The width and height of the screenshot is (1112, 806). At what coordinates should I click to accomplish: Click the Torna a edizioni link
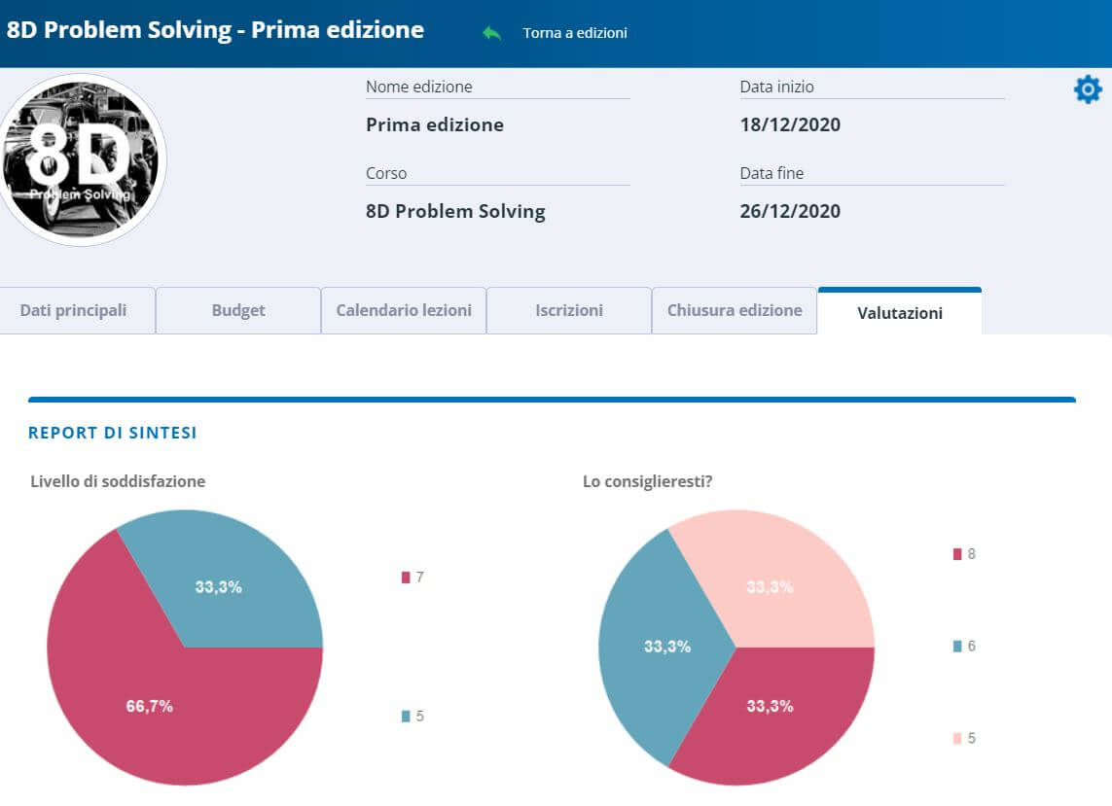tap(574, 33)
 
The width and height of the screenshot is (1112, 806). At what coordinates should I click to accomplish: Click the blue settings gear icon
tap(1087, 90)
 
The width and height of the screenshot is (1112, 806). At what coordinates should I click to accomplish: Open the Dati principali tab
tap(74, 311)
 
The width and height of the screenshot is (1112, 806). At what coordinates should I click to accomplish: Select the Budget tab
tap(238, 311)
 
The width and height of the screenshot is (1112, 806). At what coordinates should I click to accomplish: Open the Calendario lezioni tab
tap(404, 311)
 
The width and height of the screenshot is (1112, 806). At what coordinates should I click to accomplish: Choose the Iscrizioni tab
tap(569, 311)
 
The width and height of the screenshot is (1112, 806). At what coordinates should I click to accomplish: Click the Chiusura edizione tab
tap(735, 311)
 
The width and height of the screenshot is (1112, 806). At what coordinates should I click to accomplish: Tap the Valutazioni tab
tap(900, 313)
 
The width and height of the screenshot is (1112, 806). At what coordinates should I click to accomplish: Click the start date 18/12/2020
tap(790, 124)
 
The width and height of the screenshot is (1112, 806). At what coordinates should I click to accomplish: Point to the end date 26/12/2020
tap(790, 211)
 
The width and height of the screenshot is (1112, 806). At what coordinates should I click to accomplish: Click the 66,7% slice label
tap(149, 707)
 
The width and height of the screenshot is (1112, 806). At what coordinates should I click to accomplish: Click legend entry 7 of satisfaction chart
tap(413, 578)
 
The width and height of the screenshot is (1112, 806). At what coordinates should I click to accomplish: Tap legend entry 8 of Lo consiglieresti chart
tap(963, 554)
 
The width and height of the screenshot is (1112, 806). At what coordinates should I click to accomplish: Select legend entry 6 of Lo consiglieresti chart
tap(963, 647)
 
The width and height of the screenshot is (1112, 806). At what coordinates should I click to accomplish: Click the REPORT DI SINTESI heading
tap(113, 433)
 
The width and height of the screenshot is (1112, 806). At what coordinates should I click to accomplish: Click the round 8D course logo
tap(82, 160)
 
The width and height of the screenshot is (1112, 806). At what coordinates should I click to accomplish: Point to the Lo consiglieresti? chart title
tap(647, 481)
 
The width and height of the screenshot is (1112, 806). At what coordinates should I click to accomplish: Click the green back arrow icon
tap(492, 33)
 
